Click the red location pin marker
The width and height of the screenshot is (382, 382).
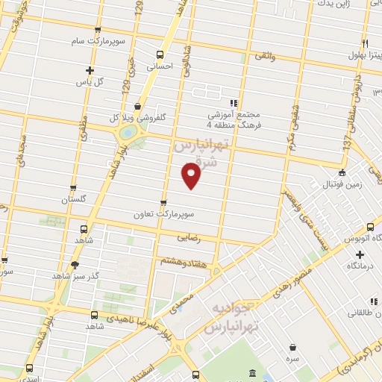pyautogui.click(x=192, y=176)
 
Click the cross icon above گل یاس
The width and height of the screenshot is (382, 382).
pyautogui.click(x=88, y=70)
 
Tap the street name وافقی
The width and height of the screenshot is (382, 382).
pyautogui.click(x=265, y=56)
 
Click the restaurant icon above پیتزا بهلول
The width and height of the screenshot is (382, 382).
pyautogui.click(x=365, y=43)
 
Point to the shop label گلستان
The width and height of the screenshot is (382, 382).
pyautogui.click(x=73, y=200)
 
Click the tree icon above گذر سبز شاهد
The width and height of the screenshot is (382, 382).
pyautogui.click(x=74, y=264)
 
